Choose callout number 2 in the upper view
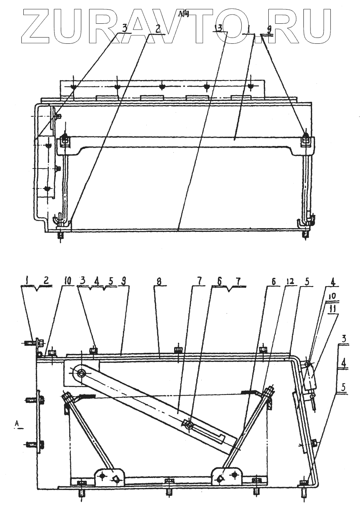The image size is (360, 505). pos(158,28)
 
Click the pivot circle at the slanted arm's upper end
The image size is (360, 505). pos(81,372)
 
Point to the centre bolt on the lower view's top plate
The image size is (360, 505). pos(178,349)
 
